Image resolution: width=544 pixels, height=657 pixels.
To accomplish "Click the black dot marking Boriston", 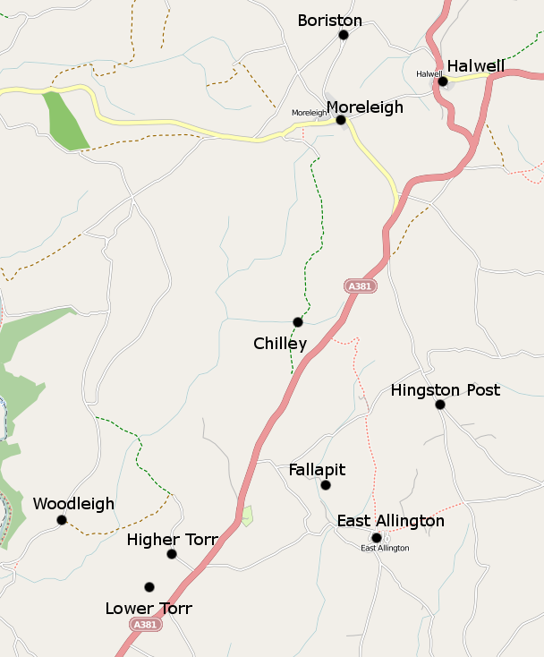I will (x=343, y=35).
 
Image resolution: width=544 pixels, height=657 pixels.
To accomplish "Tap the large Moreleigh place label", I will (x=365, y=107).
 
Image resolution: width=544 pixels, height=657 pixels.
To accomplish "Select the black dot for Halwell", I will (x=442, y=81).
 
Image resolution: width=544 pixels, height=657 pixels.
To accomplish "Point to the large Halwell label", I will (x=476, y=66).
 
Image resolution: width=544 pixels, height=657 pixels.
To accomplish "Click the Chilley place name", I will (x=280, y=344).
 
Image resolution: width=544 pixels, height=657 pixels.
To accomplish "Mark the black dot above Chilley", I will (x=297, y=322).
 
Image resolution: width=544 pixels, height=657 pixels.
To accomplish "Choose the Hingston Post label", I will (x=446, y=390).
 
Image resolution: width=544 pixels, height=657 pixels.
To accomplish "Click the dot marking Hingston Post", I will (x=440, y=405).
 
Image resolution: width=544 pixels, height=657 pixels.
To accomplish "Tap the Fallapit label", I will (x=317, y=470).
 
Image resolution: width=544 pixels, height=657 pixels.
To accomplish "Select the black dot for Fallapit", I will (x=326, y=485).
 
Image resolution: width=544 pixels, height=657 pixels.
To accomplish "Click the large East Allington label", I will (x=390, y=521).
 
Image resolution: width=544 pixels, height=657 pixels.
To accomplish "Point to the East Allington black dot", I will (x=377, y=538).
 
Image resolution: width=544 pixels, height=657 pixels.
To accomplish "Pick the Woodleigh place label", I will (x=73, y=504).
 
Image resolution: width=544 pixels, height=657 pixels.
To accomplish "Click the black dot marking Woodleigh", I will (x=62, y=520).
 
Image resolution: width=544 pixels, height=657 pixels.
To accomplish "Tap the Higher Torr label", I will (x=173, y=540).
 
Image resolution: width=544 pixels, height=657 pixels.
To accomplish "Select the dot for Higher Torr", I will (x=172, y=554).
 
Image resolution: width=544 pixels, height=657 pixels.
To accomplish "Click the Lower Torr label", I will (x=149, y=609).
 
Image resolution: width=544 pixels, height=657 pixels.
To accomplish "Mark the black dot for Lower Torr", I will (x=149, y=587).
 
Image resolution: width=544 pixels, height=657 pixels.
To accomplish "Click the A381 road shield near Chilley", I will (x=359, y=286).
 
